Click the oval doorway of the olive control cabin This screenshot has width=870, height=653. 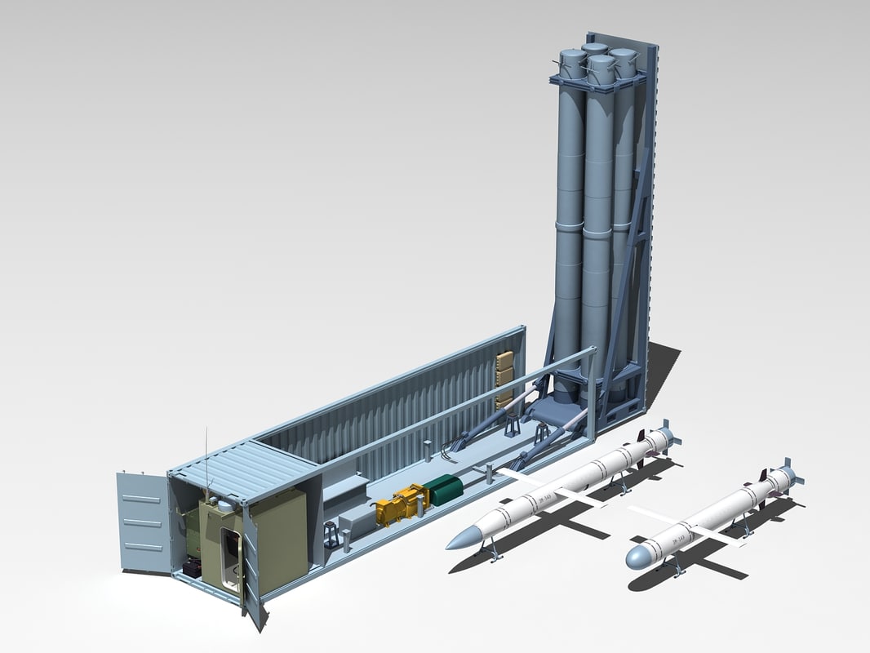[230, 556]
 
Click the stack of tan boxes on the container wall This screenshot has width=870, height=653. [504, 378]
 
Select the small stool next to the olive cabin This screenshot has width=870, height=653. [331, 535]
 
